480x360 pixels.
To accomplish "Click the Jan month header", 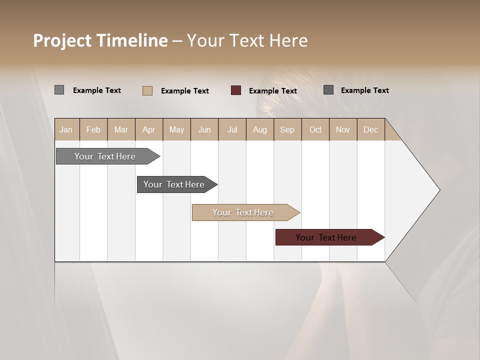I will tap(66, 130).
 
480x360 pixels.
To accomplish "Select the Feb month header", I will tap(93, 130).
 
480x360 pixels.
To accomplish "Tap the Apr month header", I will tap(148, 130).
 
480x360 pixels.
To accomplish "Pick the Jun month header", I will tap(204, 130).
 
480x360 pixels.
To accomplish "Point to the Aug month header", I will tap(259, 130).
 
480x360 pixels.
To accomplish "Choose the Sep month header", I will tap(287, 130).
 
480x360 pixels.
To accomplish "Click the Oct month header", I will tap(315, 130).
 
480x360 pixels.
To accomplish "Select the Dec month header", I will tap(370, 130).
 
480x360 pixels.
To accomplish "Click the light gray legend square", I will tap(59, 90).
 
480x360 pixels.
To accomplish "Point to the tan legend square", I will tap(147, 90).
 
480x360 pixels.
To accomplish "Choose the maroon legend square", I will tap(236, 90).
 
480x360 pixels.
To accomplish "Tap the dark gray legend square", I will tap(328, 90).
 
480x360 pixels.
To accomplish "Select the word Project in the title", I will tap(62, 41).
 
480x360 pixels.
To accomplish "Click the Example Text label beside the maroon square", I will tap(272, 91).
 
